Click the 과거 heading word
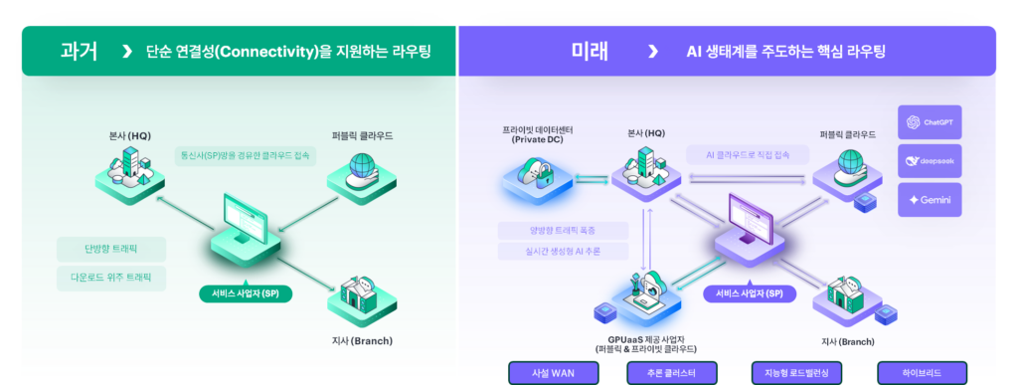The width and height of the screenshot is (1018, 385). (x=79, y=52)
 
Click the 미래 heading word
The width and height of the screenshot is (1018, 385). (x=591, y=52)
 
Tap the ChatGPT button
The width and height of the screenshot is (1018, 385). (x=930, y=122)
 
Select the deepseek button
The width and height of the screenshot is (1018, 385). (x=930, y=161)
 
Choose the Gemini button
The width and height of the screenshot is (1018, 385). (x=930, y=200)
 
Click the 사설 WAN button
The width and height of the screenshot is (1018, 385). (x=553, y=373)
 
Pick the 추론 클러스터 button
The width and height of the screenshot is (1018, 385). (x=671, y=373)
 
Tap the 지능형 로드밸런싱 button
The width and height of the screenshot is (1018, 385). (x=796, y=373)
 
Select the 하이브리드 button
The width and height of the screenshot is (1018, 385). (x=922, y=373)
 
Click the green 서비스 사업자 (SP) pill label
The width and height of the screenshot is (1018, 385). (x=246, y=293)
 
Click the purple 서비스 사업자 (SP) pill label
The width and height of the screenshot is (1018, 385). (x=750, y=293)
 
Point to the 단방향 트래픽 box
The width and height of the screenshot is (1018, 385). (x=111, y=250)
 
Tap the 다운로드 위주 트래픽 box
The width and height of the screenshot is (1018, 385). (x=111, y=278)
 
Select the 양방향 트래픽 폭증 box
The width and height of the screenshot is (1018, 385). (x=563, y=231)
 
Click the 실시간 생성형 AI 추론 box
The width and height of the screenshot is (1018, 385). (x=563, y=252)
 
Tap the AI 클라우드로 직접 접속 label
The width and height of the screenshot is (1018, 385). (x=748, y=155)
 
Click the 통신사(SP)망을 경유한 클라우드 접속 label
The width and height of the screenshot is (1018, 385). (x=246, y=156)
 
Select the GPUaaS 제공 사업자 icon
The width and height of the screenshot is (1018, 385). (x=644, y=295)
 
